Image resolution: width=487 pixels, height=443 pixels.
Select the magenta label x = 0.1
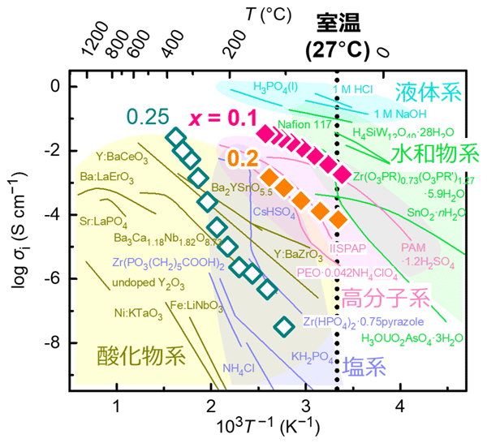[223, 118]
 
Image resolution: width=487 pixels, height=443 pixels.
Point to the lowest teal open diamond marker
[283, 326]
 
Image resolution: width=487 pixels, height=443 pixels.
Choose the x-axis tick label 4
[399, 405]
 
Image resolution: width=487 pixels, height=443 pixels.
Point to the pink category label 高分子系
[383, 298]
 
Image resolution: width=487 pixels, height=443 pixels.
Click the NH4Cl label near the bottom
[239, 366]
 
